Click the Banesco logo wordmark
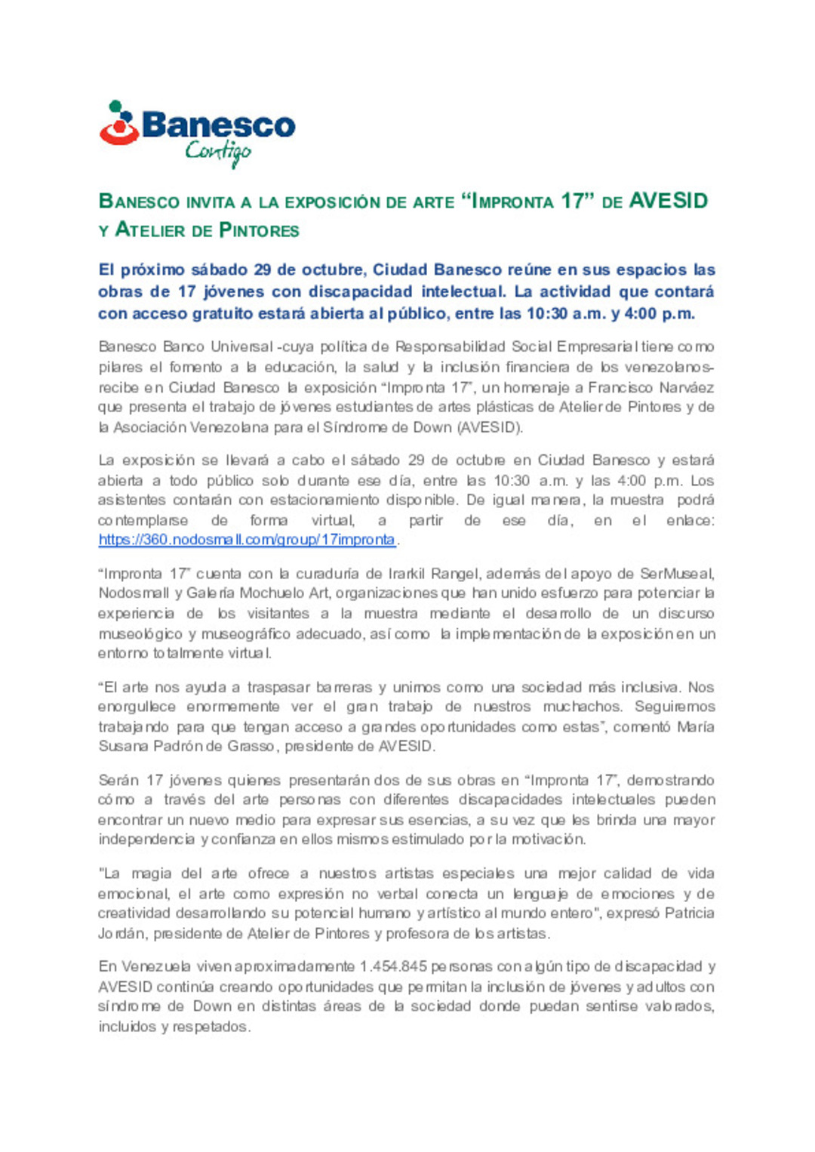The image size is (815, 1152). [218, 125]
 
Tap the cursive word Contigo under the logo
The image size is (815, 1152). [218, 152]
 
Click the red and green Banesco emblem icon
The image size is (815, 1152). [118, 123]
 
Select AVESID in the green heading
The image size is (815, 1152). [668, 201]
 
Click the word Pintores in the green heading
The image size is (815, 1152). [259, 230]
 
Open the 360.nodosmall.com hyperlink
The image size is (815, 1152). [247, 540]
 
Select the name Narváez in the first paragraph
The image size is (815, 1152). [687, 387]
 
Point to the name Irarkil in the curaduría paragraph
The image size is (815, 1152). [407, 574]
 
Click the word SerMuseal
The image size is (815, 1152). [677, 574]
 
